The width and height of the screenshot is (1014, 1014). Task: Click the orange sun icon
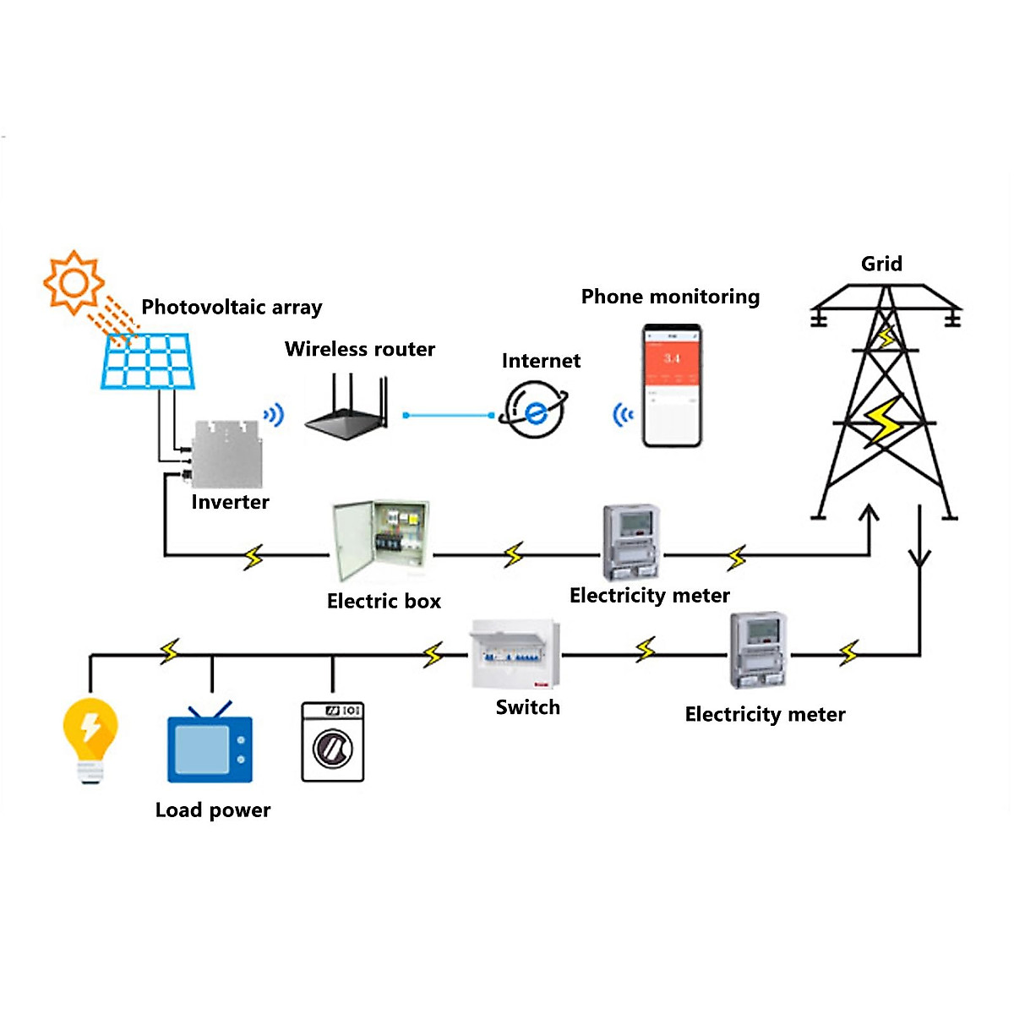pos(74,281)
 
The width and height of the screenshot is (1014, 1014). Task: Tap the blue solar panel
pos(148,361)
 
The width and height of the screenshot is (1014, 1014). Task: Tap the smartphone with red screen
pos(672,385)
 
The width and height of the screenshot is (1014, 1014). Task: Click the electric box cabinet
pos(379,540)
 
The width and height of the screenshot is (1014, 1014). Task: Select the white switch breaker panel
pos(515,655)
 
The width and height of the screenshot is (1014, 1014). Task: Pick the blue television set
pos(210,748)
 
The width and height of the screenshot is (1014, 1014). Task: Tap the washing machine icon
pos(333,741)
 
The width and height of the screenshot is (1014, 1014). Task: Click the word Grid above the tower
pos(881,264)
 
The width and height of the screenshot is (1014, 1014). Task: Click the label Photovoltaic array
pos(232,307)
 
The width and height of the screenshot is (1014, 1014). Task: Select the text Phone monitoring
pos(670,297)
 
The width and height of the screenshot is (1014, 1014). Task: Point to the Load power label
pos(213,810)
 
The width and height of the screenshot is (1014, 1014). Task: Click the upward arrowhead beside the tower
pos(869,513)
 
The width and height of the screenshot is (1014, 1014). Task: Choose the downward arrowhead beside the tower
pos(919,559)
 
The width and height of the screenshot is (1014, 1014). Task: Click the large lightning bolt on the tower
pos(884,420)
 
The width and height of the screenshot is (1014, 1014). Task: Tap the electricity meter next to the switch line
pos(759,651)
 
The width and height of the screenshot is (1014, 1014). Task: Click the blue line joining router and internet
pos(449,415)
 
